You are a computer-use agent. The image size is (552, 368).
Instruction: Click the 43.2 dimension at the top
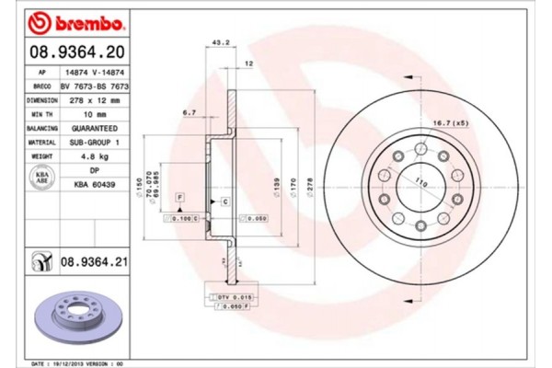point(220,43)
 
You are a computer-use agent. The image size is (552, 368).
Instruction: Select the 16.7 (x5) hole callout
point(447,122)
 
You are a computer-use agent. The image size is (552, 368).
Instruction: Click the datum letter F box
point(181,199)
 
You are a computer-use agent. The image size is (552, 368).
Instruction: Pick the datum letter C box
point(224,200)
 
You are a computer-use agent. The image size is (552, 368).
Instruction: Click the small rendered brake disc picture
point(79,316)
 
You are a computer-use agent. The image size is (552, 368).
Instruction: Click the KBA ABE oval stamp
point(40,177)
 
